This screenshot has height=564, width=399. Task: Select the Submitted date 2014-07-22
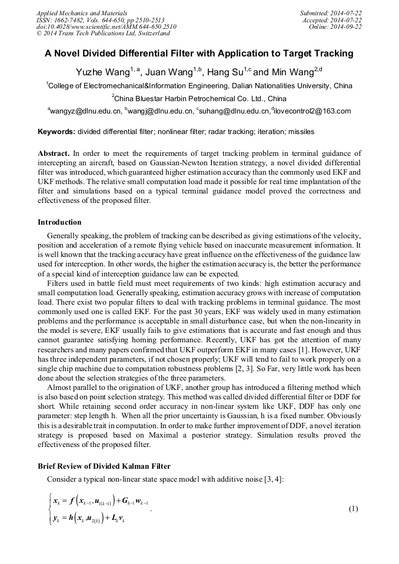tap(344, 12)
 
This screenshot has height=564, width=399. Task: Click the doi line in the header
tap(106, 26)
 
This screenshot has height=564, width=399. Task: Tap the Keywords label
tap(56, 132)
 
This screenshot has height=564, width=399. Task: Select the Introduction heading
tap(59, 222)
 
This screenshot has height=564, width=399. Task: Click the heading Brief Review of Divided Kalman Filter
tap(104, 465)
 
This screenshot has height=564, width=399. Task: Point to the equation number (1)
tap(353, 508)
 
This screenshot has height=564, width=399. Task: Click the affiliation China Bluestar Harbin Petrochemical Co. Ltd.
tap(199, 98)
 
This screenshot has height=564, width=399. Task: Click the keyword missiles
tap(301, 132)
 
